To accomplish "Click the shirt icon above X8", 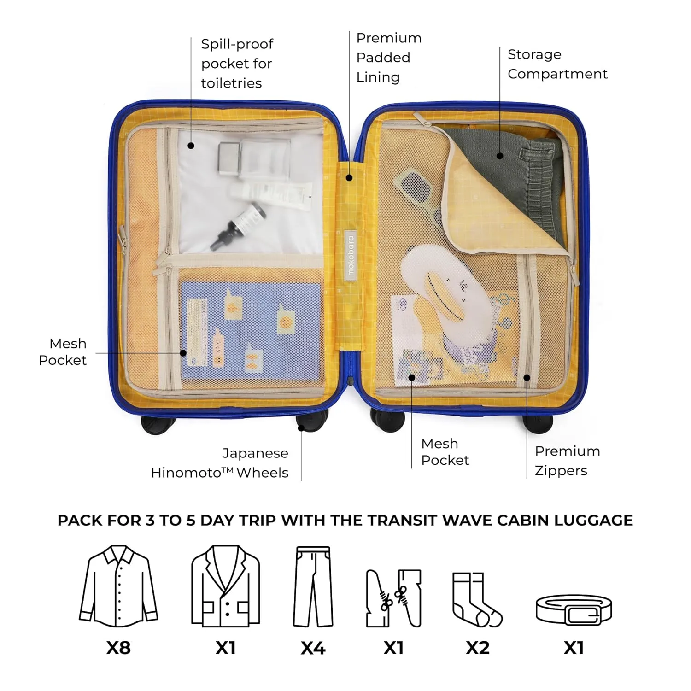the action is coord(118,586).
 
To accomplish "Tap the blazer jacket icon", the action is coord(226,586).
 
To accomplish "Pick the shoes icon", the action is coord(394,598).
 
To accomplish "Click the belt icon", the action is coord(574,609).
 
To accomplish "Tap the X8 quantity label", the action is coord(118,648).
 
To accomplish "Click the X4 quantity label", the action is coord(313,648).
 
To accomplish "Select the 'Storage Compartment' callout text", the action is coord(557,64).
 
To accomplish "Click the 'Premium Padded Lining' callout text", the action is coord(389,58).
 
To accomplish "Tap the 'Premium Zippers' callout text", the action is coord(567,461).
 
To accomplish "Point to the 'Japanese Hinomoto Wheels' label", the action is coord(220,463).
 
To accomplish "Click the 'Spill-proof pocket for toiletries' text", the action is coord(237,64).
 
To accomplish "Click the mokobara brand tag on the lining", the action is coord(351,255).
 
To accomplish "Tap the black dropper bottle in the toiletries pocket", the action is coord(238,227).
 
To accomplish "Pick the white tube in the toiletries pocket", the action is coord(272,193).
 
